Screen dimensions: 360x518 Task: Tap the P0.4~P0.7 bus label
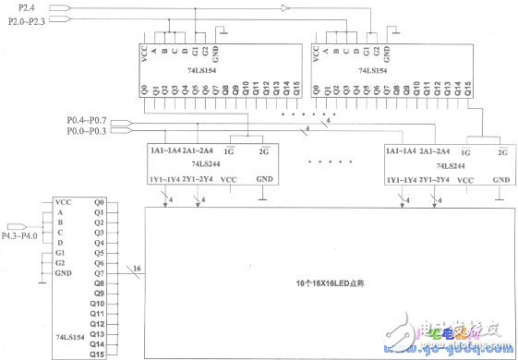(x=85, y=121)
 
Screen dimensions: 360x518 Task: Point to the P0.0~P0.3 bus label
(x=85, y=131)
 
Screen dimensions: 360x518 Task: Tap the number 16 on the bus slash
(x=137, y=268)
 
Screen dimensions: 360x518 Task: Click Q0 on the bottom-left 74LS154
(x=99, y=202)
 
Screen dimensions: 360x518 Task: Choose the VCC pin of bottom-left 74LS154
(x=63, y=202)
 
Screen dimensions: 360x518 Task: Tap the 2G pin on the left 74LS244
(x=263, y=150)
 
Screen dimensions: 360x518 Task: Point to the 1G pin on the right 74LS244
(x=467, y=150)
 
